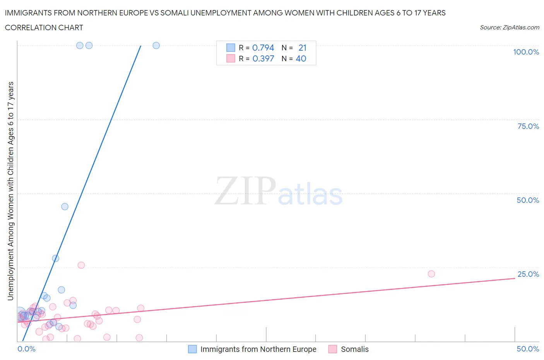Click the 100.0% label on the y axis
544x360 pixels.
[526, 52]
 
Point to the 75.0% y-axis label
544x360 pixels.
[528, 126]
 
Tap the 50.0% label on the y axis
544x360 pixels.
[528, 200]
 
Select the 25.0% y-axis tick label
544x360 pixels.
[528, 274]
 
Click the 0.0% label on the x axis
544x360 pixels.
[26, 349]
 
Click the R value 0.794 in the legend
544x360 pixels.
[263, 48]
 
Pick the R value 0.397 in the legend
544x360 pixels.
[263, 58]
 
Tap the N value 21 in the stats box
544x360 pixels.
[302, 48]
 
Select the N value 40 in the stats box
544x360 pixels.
[301, 58]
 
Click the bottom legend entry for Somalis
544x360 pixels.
[354, 349]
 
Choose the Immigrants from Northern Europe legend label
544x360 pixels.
[258, 349]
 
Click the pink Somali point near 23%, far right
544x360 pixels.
[431, 274]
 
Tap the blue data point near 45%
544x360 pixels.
[65, 207]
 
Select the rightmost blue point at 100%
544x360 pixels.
[156, 45]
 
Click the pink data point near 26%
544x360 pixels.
[81, 265]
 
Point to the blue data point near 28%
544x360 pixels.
[55, 258]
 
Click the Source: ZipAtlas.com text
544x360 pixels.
[509, 27]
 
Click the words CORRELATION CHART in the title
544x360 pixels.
[44, 27]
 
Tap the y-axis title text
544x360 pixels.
[10, 191]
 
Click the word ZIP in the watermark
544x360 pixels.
[245, 191]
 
